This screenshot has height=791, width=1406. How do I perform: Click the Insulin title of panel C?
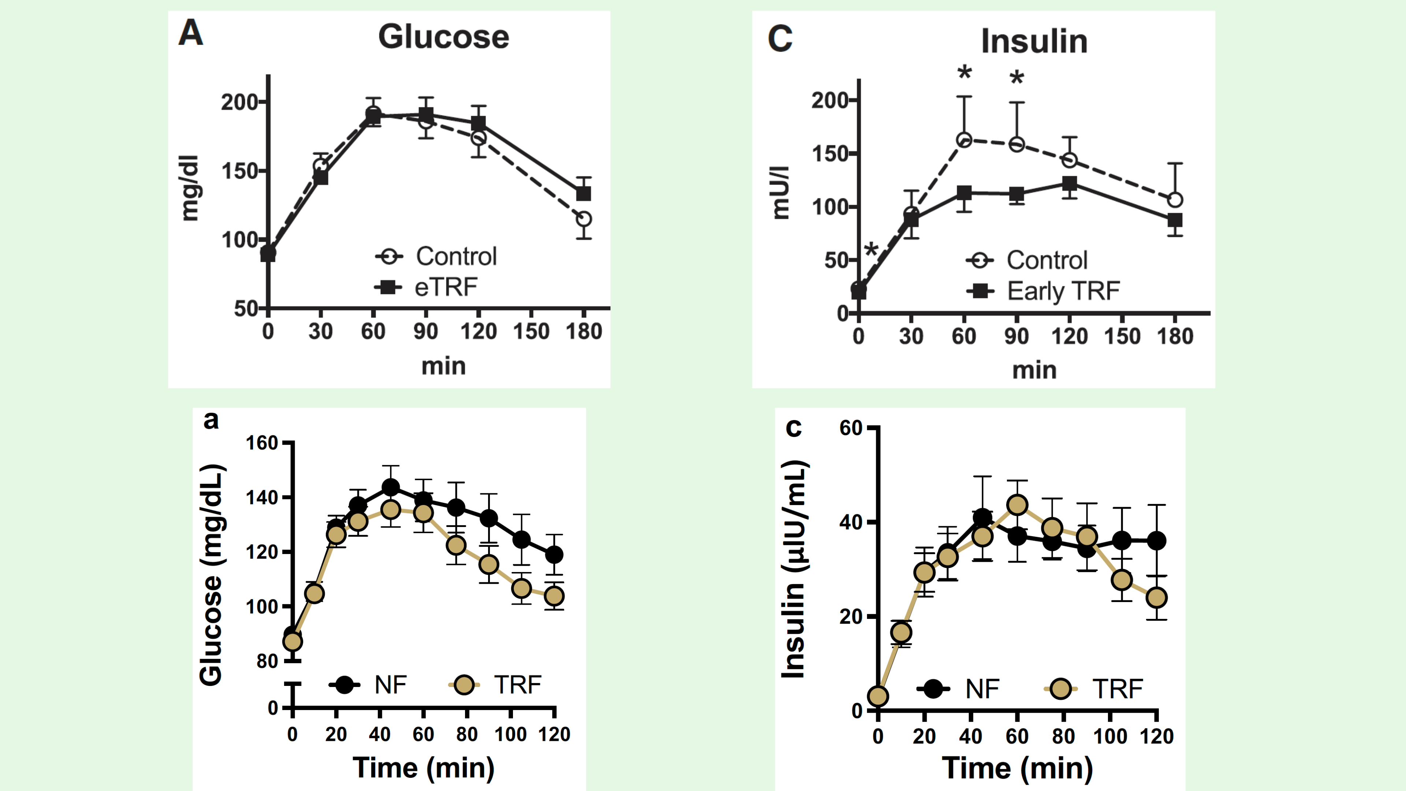click(1034, 41)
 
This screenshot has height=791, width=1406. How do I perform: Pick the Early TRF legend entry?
click(1063, 291)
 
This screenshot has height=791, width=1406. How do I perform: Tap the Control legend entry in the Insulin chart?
click(1046, 260)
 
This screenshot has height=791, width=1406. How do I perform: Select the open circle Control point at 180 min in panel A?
click(584, 219)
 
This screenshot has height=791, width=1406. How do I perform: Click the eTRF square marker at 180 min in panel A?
click(584, 193)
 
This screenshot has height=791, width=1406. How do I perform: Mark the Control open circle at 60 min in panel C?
click(964, 140)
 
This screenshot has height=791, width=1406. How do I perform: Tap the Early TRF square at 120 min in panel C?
click(1069, 183)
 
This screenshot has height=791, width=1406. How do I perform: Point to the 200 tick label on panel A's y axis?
click(239, 102)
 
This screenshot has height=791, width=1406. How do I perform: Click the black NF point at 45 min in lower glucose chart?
click(390, 487)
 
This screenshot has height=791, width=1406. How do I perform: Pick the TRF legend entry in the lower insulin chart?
click(1117, 689)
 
